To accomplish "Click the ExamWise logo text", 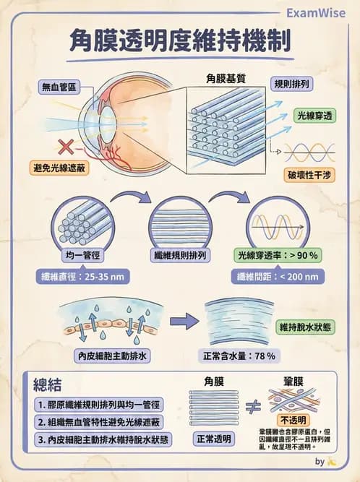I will [x=315, y=12].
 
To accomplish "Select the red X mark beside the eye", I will [x=65, y=147].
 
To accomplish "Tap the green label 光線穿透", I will [x=317, y=115].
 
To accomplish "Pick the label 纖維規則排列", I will [x=180, y=255].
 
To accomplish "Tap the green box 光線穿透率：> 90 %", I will [x=279, y=255].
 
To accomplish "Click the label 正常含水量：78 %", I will [x=240, y=356].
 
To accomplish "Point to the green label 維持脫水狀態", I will [x=306, y=327].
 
